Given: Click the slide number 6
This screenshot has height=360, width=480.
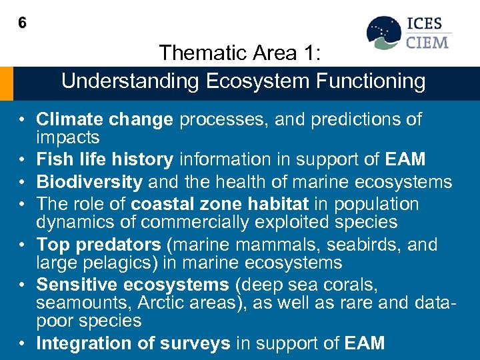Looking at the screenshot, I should click(22, 23).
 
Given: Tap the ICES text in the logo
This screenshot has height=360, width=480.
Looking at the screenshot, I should click(425, 24).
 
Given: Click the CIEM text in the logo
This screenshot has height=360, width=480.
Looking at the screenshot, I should click(427, 43).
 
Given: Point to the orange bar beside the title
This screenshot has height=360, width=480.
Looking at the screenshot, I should click(6, 83).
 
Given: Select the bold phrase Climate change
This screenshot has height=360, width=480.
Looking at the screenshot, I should click(105, 120).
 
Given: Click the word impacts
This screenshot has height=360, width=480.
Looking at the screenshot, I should click(68, 138).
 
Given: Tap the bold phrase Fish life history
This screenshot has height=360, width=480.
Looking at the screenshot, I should click(105, 160).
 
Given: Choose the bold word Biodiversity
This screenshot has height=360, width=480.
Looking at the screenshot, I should click(89, 182).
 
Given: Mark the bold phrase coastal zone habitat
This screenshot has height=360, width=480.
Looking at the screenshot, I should click(219, 204).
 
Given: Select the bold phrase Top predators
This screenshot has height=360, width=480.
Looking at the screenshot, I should click(99, 245).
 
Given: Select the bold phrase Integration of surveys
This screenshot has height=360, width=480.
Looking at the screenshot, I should click(133, 343).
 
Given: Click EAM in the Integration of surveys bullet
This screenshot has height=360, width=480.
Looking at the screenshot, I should click(365, 343).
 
